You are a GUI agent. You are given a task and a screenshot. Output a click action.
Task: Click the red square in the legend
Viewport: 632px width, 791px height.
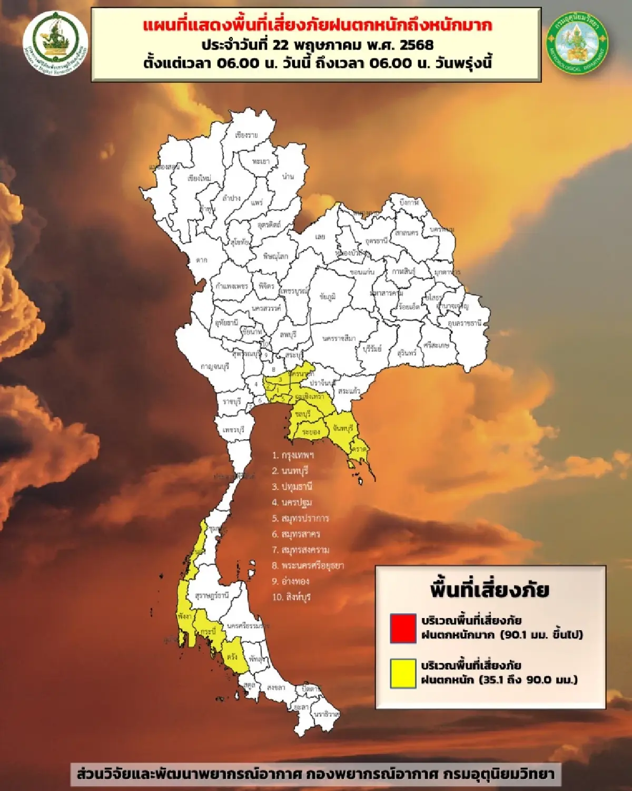(403, 628)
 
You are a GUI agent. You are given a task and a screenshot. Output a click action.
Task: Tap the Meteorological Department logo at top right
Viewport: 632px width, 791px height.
(578, 43)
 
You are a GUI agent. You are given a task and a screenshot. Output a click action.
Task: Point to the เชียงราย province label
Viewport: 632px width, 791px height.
(246, 135)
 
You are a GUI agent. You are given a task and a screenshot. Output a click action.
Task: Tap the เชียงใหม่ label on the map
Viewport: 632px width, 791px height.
(199, 178)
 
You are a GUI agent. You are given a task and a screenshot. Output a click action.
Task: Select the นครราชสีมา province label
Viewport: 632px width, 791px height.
(339, 338)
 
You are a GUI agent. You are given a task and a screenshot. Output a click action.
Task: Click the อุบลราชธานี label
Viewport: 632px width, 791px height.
(465, 323)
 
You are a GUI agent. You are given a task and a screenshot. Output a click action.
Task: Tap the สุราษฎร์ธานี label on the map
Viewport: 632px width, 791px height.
(212, 595)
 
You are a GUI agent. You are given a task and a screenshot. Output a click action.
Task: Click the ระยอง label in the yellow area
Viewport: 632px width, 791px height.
(311, 432)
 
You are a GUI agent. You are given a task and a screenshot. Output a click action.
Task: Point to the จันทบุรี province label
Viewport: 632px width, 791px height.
(343, 429)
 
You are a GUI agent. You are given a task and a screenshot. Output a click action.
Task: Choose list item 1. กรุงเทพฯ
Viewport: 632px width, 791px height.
(293, 455)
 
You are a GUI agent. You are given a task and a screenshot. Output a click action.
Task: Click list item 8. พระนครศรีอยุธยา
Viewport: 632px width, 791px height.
(308, 566)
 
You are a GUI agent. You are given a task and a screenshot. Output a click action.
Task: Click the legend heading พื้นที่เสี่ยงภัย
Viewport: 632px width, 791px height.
(490, 590)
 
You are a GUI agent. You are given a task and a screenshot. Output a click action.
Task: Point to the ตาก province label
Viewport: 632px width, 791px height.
(201, 260)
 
